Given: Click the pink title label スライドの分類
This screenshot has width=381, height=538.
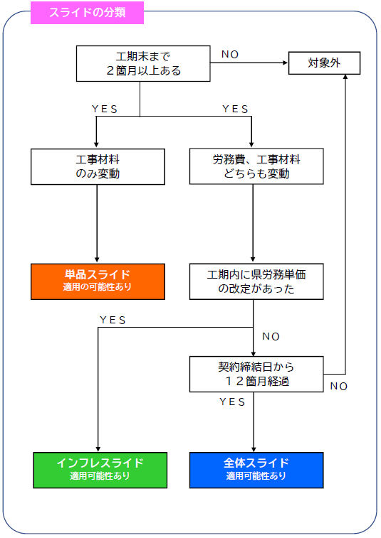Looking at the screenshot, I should point(87,13).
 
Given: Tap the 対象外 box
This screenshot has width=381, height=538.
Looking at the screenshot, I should point(324,63).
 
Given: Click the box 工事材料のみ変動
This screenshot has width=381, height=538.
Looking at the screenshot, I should point(98,166).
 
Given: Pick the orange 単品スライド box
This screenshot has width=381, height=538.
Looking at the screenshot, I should point(98,281).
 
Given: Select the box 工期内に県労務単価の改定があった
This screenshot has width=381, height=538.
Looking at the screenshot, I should point(256,281).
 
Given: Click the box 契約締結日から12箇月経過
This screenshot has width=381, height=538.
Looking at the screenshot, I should point(256,374).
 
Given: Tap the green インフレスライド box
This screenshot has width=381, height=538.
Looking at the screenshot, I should point(100,469).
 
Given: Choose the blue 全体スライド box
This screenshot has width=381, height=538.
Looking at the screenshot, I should point(256,469).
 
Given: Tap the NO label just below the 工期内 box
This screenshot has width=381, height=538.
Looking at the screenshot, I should point(271,336).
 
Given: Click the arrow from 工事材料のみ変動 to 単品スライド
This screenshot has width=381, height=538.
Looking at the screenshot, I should point(97,224).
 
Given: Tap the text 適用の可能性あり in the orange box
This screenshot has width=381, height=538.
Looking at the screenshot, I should point(98,287).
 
